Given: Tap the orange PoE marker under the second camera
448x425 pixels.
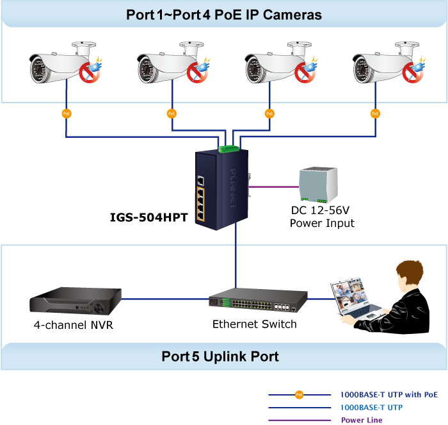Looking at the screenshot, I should click(172, 113).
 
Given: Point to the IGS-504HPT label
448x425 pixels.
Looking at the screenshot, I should click(148, 217).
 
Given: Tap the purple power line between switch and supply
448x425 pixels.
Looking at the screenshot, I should click(272, 187).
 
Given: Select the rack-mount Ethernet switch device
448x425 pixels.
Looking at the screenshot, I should click(254, 301).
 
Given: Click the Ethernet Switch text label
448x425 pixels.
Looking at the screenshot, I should click(255, 324).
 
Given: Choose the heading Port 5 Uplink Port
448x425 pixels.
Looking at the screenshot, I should click(220, 356).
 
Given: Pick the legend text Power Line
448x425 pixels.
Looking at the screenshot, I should click(362, 420).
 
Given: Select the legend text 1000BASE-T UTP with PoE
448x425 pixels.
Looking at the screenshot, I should click(390, 394).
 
